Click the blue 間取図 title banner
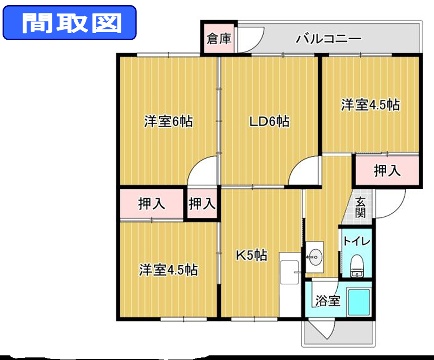click(61, 21)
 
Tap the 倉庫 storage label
click(217, 40)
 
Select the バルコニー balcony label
click(328, 40)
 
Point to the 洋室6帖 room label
click(167, 121)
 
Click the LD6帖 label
click(269, 121)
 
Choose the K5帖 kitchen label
click(250, 254)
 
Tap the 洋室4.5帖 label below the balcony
click(369, 104)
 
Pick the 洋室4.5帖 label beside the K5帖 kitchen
click(167, 269)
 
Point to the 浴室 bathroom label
click(327, 299)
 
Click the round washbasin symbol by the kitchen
click(314, 256)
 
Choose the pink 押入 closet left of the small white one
click(150, 204)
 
